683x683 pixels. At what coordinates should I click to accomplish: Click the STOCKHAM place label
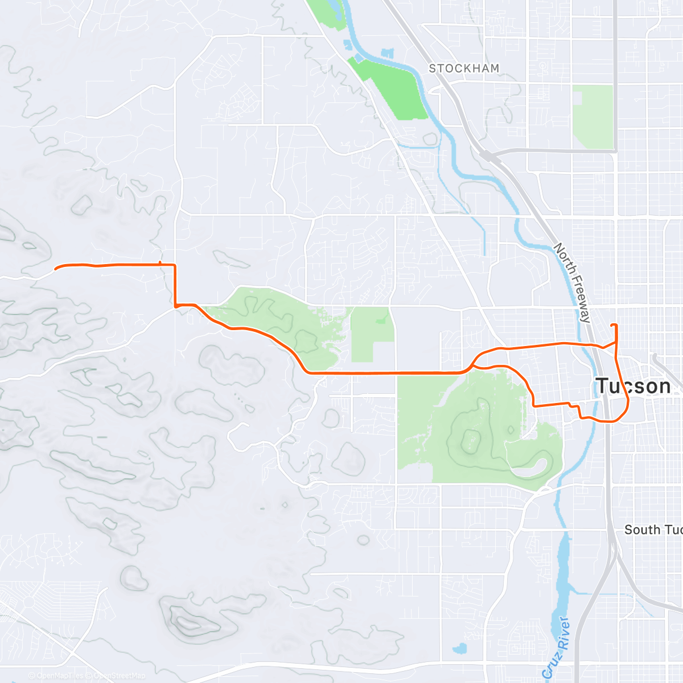(464, 68)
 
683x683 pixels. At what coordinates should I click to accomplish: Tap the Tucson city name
(633, 386)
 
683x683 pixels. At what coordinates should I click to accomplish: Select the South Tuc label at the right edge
(653, 530)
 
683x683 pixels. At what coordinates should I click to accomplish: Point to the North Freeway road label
(573, 283)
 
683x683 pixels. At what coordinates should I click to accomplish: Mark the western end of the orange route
(55, 268)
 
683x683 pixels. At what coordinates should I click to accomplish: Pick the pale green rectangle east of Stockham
(593, 117)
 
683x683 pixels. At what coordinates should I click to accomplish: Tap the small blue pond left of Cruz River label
(459, 648)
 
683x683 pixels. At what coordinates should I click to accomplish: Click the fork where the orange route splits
(472, 364)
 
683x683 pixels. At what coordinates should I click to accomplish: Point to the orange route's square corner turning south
(175, 265)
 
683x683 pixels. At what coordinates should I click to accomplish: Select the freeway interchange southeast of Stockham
(488, 155)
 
